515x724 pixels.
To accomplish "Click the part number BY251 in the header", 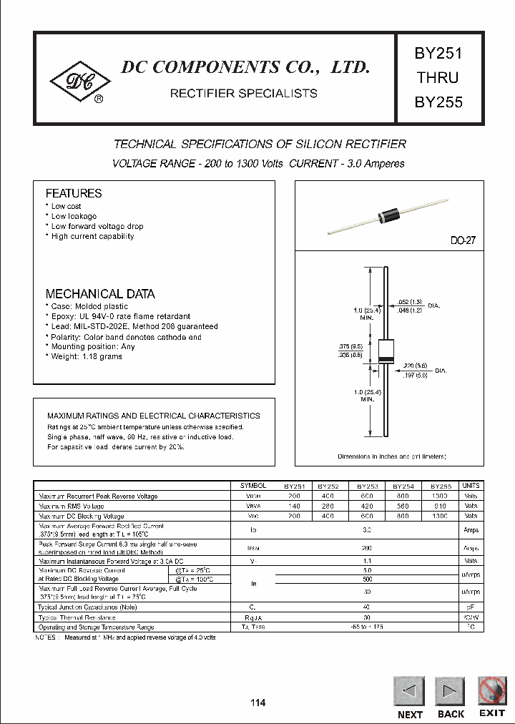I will [x=438, y=53].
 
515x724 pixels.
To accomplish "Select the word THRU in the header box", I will [x=438, y=77].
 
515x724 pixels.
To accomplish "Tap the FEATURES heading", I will [x=74, y=193].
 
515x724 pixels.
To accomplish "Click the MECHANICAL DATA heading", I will [x=100, y=294].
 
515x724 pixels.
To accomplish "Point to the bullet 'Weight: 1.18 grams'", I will [x=86, y=356].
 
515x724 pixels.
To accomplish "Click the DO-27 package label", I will [x=463, y=241].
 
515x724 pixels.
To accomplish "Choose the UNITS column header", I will [x=471, y=486].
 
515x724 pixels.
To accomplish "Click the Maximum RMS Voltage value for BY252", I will [x=328, y=506].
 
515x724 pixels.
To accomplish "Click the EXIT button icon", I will [x=492, y=690].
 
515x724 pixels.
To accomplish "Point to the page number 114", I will [x=257, y=703].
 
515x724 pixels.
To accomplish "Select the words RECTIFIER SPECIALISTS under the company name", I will [x=243, y=93].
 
